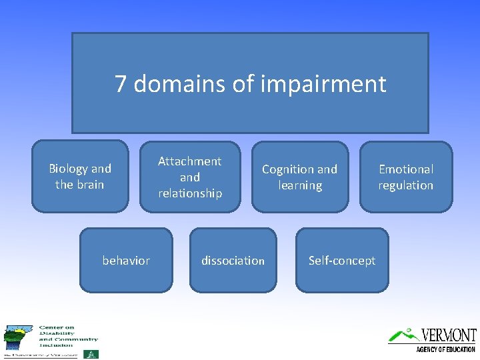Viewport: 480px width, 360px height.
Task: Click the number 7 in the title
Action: [121, 84]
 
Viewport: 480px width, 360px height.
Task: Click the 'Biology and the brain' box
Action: [80, 177]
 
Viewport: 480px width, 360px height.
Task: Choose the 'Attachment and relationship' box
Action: [190, 177]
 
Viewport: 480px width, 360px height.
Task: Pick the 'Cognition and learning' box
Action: [299, 177]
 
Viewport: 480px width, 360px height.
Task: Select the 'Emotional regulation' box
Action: [406, 177]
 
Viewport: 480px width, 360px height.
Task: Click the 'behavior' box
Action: [126, 261]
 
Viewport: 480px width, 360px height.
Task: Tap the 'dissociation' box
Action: [233, 261]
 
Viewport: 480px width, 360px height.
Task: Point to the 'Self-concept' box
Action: [342, 261]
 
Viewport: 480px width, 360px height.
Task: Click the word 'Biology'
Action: [69, 169]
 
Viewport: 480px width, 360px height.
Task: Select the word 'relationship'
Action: [190, 193]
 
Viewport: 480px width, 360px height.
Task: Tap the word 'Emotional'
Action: [406, 169]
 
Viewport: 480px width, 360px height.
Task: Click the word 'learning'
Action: [300, 185]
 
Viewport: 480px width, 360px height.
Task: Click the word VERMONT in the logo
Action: [449, 335]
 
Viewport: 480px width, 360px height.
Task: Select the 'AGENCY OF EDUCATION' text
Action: [445, 349]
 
